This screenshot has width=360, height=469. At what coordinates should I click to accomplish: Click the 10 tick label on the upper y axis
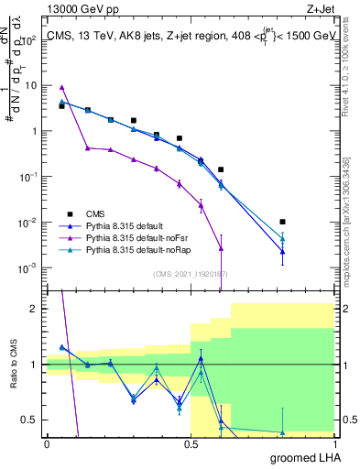pyautogui.click(x=30, y=85)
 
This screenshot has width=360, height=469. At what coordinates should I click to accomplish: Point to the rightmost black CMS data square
pyautogui.click(x=283, y=222)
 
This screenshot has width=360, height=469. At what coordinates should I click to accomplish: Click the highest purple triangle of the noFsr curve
pyautogui.click(x=61, y=87)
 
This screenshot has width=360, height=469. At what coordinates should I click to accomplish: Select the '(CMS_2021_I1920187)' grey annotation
pyautogui.click(x=191, y=273)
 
